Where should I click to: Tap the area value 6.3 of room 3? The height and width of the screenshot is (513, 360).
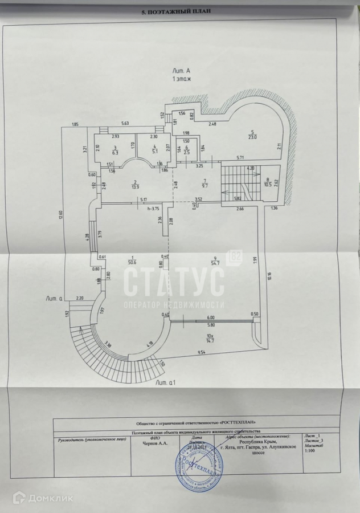tap(115, 152)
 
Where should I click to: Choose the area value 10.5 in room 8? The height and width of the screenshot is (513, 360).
tap(267, 184)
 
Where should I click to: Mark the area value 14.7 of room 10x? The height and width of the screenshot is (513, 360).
tap(210, 340)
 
